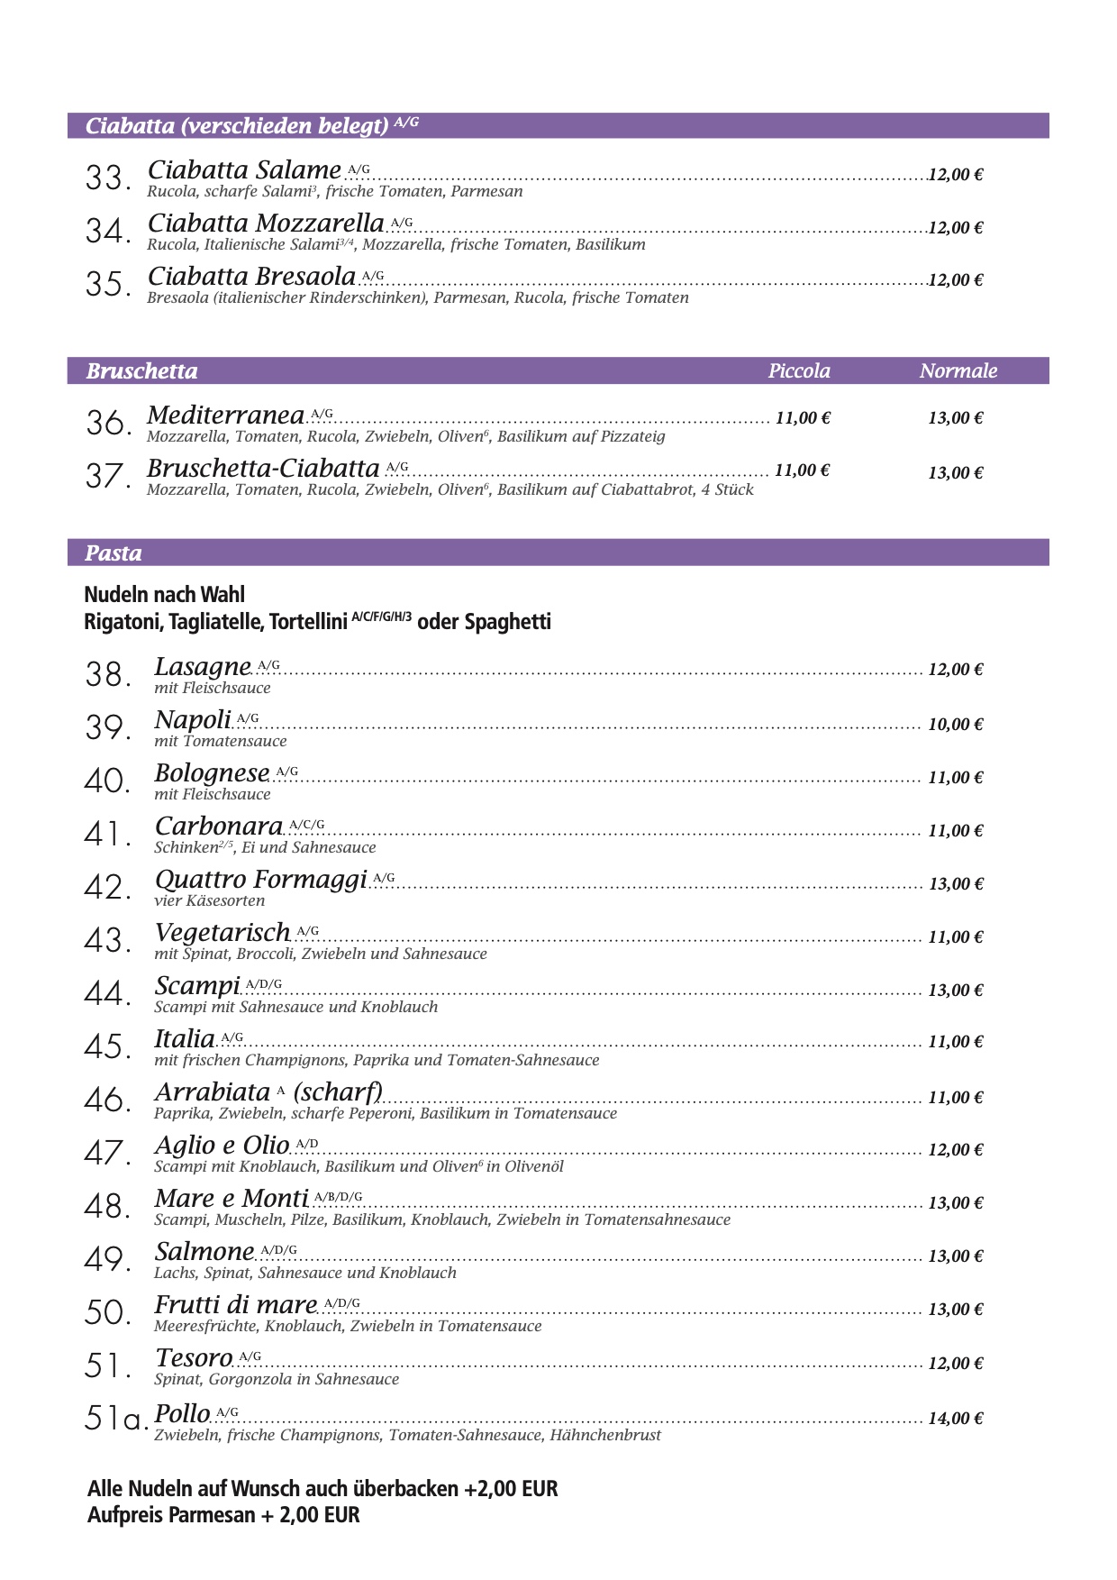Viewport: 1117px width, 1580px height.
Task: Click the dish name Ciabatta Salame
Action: [244, 170]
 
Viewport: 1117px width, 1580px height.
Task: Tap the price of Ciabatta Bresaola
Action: [955, 280]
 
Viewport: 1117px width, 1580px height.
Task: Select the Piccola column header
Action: [799, 371]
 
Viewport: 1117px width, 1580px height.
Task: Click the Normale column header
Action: [958, 371]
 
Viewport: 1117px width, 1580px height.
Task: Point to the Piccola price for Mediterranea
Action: [802, 418]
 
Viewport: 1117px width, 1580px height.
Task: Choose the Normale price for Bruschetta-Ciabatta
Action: [955, 473]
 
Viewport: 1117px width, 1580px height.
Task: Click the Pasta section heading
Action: [114, 553]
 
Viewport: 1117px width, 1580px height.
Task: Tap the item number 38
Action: [107, 674]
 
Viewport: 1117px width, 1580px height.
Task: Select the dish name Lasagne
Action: [203, 667]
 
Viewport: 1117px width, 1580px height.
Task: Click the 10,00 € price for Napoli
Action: [955, 725]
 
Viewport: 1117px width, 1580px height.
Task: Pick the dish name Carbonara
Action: [219, 827]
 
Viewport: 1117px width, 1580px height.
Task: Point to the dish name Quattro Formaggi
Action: [261, 880]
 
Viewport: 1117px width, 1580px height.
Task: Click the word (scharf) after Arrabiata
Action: [339, 1092]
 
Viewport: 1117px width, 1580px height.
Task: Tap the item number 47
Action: [107, 1154]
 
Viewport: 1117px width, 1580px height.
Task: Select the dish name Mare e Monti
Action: [232, 1199]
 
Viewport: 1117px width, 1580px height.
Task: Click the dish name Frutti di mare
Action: [236, 1305]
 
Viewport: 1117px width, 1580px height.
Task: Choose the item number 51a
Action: [115, 1420]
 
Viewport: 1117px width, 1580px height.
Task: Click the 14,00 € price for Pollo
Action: [955, 1419]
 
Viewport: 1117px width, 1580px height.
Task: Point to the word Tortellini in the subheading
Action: [307, 622]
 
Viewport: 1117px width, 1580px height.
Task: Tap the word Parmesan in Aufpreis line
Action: [212, 1515]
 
